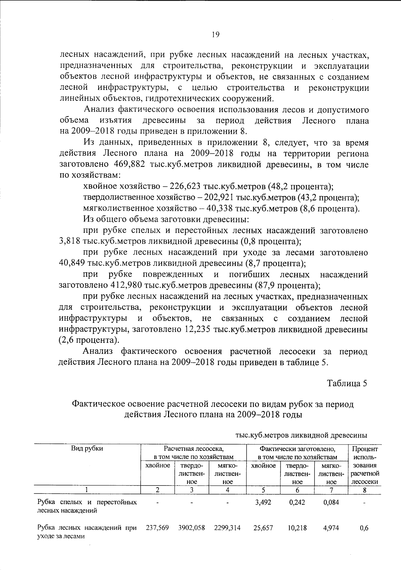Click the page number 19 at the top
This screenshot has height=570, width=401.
(215, 34)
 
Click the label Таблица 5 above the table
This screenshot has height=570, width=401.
(347, 383)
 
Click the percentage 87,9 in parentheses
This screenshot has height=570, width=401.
(264, 286)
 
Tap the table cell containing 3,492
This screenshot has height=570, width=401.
(263, 502)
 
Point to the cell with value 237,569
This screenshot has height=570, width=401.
(157, 528)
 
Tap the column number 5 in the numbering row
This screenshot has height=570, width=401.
(263, 490)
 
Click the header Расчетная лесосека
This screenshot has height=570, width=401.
(193, 449)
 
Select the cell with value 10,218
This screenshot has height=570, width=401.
(297, 528)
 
